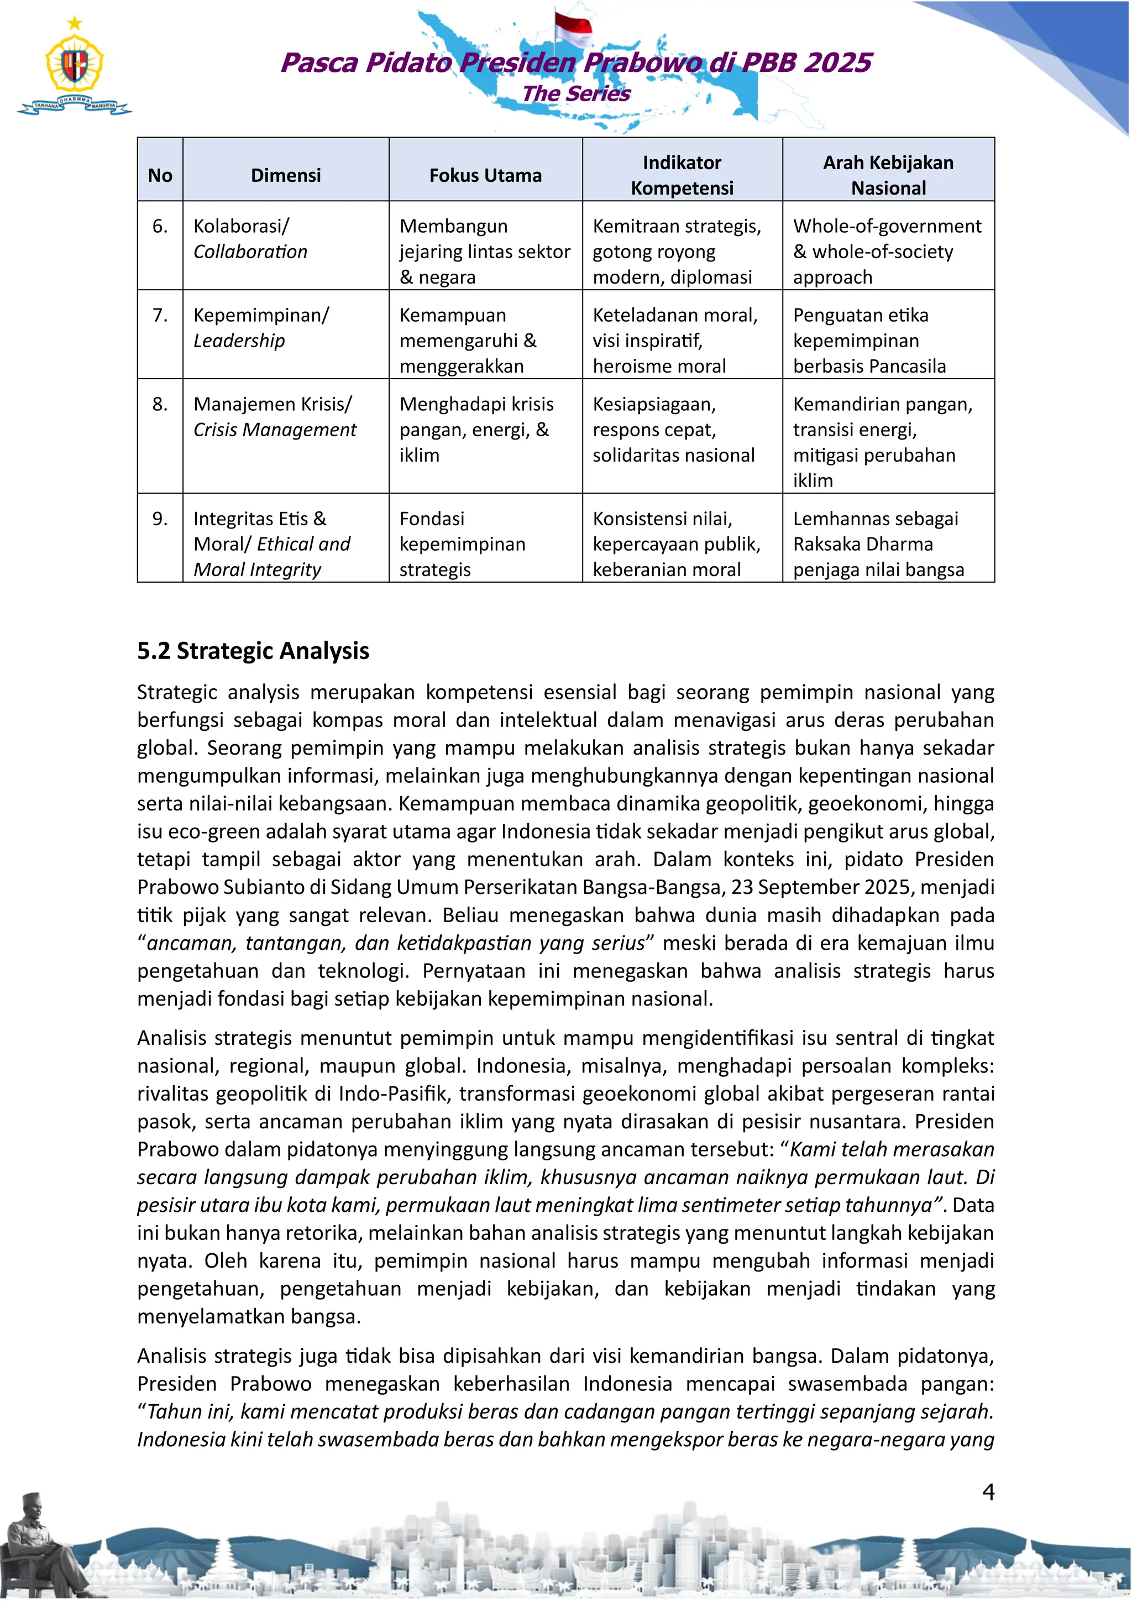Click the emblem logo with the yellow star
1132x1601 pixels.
coord(74,66)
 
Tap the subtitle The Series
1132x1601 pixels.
coord(576,93)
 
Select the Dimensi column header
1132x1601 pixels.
coord(286,175)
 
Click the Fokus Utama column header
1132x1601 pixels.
coord(485,175)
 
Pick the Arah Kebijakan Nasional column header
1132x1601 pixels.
coord(888,175)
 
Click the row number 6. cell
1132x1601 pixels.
coord(160,227)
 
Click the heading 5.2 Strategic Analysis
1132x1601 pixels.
coord(253,651)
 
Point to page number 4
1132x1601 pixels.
coord(988,1492)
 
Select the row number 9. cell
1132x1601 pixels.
coord(160,519)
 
